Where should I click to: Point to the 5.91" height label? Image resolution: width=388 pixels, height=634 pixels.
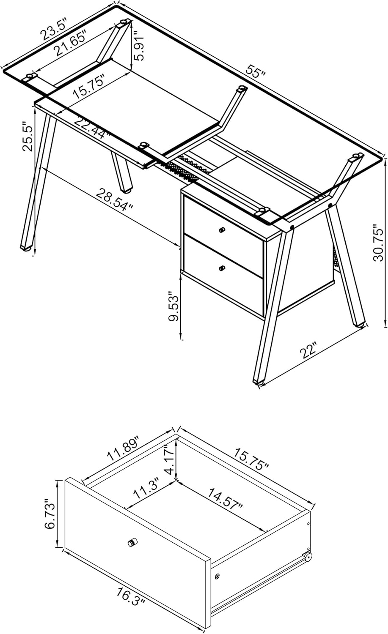(139, 45)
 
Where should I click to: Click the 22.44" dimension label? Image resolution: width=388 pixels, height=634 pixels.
(92, 127)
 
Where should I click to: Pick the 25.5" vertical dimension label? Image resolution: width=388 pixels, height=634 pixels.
(27, 137)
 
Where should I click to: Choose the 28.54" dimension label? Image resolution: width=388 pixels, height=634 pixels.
(114, 199)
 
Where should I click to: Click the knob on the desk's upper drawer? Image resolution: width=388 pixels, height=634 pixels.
(221, 230)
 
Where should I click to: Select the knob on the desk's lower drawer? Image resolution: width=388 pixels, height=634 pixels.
(221, 268)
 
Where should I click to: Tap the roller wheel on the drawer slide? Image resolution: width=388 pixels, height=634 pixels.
(308, 557)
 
